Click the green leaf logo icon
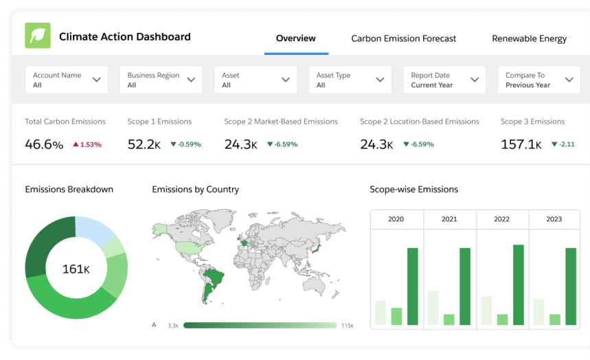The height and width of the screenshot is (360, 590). click(x=38, y=36)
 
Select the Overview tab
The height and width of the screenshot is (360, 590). click(x=296, y=38)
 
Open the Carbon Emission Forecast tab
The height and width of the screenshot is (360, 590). click(x=403, y=38)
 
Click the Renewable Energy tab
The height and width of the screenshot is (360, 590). click(x=529, y=38)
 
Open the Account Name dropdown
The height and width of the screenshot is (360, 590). click(x=67, y=80)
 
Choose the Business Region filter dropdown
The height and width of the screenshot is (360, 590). click(x=161, y=80)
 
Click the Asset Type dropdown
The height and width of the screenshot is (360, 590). click(x=350, y=80)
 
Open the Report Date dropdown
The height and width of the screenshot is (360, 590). click(x=444, y=80)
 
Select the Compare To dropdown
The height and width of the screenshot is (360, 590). click(x=538, y=80)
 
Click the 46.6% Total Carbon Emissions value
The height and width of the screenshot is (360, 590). click(x=44, y=144)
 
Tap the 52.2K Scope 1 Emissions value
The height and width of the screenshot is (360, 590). click(x=145, y=144)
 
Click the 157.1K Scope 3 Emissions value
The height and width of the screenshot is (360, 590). click(x=521, y=144)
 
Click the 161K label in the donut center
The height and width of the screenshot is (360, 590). click(x=76, y=269)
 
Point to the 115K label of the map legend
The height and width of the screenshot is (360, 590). click(x=347, y=326)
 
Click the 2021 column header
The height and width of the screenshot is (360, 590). click(x=449, y=219)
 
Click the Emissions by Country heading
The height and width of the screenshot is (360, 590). click(x=195, y=190)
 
